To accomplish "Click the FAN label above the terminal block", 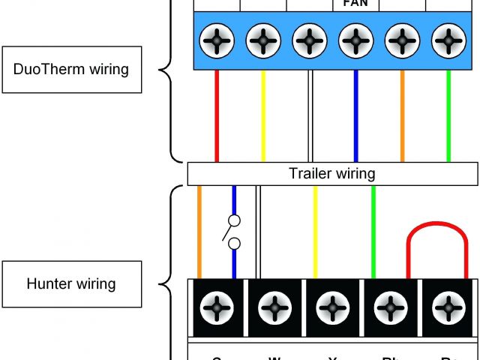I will (355, 4).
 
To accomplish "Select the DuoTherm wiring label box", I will (71, 70).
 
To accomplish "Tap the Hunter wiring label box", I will (71, 284).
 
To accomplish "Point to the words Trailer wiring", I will (331, 174).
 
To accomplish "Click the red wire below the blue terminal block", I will (217, 116).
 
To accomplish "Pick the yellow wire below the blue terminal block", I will (262, 116).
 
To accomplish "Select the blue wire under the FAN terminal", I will (355, 116).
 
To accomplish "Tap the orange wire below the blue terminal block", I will (403, 116).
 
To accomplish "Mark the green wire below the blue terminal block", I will (448, 116).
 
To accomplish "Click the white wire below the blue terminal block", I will (310, 116).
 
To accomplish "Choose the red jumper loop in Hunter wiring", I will (437, 229).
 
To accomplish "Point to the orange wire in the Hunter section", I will (199, 232).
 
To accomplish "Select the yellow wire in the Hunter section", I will (315, 232).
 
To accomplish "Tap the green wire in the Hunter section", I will (373, 232).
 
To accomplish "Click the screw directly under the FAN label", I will (355, 40).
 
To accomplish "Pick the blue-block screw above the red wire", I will (217, 40).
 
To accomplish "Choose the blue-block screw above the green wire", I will (448, 40).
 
